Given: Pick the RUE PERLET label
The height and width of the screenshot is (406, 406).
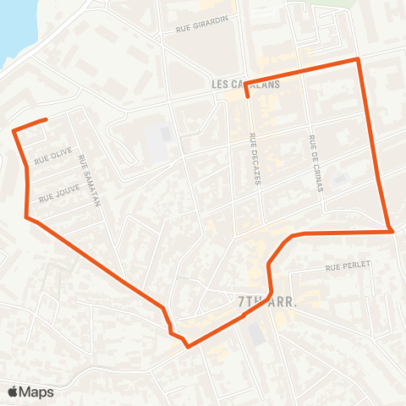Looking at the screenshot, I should click(x=348, y=266).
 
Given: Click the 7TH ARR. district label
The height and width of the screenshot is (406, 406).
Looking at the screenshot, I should click(x=266, y=300).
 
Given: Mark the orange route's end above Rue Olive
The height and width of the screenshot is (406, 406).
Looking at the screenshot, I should click(x=45, y=119).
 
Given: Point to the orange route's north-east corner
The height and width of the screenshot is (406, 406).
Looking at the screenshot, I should click(x=359, y=59).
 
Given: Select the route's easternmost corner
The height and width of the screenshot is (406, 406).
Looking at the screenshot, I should click(x=391, y=231).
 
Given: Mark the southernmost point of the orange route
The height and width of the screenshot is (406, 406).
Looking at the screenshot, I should click(x=188, y=345).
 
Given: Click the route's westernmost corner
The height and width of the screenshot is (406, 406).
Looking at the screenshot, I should click(x=14, y=130).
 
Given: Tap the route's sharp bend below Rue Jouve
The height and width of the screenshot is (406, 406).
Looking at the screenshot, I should click(x=28, y=217).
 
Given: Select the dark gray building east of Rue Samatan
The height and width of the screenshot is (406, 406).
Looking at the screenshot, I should click(x=155, y=144).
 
